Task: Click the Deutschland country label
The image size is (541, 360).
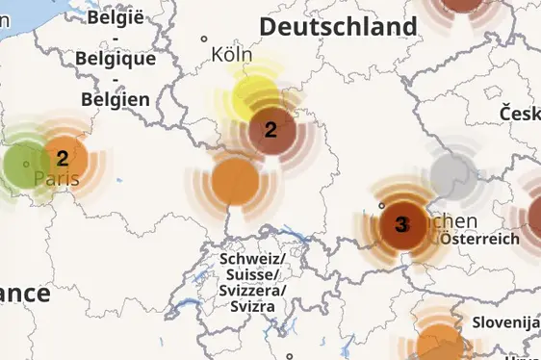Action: [x=338, y=26]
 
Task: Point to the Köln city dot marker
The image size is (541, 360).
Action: [x=204, y=39]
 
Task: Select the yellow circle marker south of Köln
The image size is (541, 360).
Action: [x=255, y=96]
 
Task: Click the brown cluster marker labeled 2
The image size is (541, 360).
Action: [x=271, y=129]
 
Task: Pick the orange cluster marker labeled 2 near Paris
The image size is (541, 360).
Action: [x=64, y=159]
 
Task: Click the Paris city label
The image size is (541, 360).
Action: [x=56, y=179]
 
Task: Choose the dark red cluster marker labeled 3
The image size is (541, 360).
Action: [x=401, y=225]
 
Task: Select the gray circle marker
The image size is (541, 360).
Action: [x=450, y=174]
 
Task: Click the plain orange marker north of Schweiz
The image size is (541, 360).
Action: [x=234, y=180]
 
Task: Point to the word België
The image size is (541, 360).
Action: [x=115, y=16]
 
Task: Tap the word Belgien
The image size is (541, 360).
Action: [x=116, y=98]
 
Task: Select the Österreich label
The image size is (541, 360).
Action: [x=479, y=238]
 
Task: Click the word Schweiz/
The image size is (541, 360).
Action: [x=251, y=259]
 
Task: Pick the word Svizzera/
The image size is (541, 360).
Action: [x=252, y=290]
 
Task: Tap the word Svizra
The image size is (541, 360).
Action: [x=252, y=306]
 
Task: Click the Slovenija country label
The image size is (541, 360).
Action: [x=505, y=321]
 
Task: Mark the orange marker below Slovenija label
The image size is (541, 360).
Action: [x=440, y=344]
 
